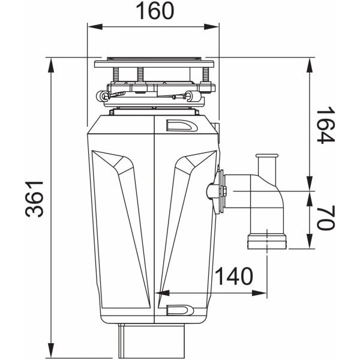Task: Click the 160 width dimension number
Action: coord(155,11)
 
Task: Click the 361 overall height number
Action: coord(34,199)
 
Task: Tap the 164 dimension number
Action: coord(326,125)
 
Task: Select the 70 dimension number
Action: coord(326,217)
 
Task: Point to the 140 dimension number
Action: coord(234,276)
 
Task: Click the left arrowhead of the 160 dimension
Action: coord(95,26)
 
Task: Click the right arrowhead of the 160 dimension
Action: coord(211,26)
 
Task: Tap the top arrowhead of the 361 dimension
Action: coord(51,65)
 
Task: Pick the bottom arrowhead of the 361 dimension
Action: coord(51,350)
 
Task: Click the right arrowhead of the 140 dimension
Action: coord(259,293)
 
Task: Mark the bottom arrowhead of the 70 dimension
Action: coord(310,241)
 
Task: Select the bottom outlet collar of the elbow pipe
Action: coord(267,242)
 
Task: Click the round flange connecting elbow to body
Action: coord(221,192)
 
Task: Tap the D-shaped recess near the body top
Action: coord(181,125)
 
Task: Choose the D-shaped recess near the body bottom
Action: coord(180,310)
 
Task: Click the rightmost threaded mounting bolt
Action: coord(205,75)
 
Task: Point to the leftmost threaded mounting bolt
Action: coord(116,74)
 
